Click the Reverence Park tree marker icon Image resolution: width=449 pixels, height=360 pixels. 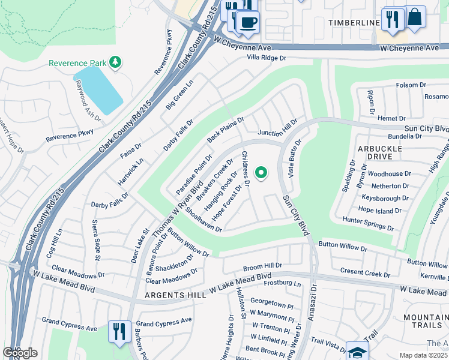tap(114, 62)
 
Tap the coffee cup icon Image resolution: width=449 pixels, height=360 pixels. tap(247, 23)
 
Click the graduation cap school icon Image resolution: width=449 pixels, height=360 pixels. tap(357, 353)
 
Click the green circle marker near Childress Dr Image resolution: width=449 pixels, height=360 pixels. tap(261, 173)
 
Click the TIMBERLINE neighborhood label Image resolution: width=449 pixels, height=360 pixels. tap(354, 23)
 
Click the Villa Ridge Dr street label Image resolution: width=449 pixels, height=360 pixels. tap(267, 58)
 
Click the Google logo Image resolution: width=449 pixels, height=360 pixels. tap(20, 353)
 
